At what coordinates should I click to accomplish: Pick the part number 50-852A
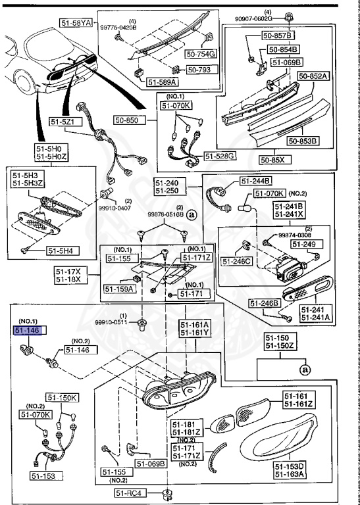click(x=313, y=76)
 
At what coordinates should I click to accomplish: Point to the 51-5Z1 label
click(x=65, y=122)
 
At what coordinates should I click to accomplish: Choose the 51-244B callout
click(x=256, y=181)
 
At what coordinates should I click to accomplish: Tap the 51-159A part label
click(x=119, y=289)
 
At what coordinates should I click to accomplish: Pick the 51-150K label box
click(x=62, y=398)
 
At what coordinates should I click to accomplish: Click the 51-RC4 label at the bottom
click(x=131, y=493)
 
